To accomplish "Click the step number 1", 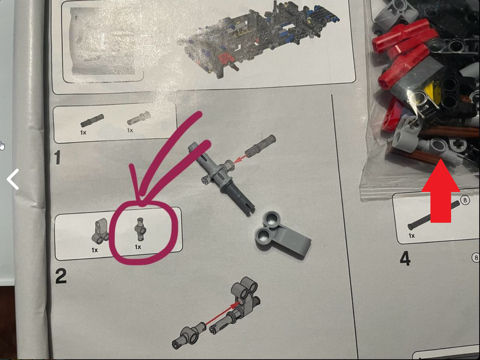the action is (x=57, y=157).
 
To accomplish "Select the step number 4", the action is (x=405, y=259).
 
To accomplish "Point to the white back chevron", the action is (x=12, y=179).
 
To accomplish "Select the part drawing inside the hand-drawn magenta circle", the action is (x=140, y=229).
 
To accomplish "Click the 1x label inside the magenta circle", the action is (x=138, y=247).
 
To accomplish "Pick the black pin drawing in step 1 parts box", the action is (x=92, y=120).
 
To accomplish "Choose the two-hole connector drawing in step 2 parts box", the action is (x=100, y=231).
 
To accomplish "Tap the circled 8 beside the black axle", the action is (x=465, y=201).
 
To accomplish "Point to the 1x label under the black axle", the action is (x=412, y=235).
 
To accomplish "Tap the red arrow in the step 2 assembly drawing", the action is (x=223, y=313).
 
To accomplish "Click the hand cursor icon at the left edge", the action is (x=2, y=146).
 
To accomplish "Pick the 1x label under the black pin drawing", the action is (x=83, y=133).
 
